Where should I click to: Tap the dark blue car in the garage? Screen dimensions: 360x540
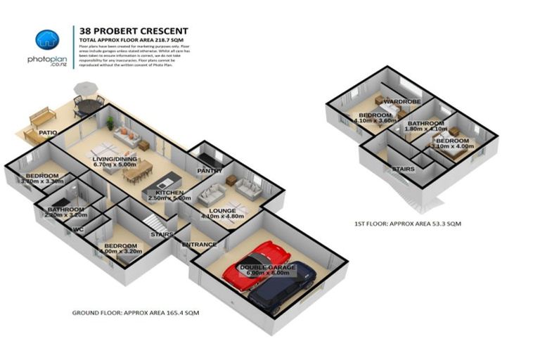coord(281,285)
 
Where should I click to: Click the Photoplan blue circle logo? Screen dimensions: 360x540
coord(47,40)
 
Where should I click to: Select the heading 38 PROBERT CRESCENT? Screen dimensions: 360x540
coord(134,30)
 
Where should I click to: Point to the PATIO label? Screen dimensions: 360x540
coord(47,131)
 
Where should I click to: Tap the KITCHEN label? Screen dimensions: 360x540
coord(169,192)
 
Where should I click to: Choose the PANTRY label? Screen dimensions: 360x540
coord(210,171)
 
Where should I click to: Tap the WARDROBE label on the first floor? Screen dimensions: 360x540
coord(401,102)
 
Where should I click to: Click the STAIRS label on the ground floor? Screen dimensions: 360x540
coord(162,235)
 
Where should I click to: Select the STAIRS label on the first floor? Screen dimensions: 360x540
coord(402,169)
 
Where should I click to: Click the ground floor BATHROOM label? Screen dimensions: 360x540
coord(65,210)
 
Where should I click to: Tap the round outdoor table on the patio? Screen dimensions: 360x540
coord(89,106)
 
